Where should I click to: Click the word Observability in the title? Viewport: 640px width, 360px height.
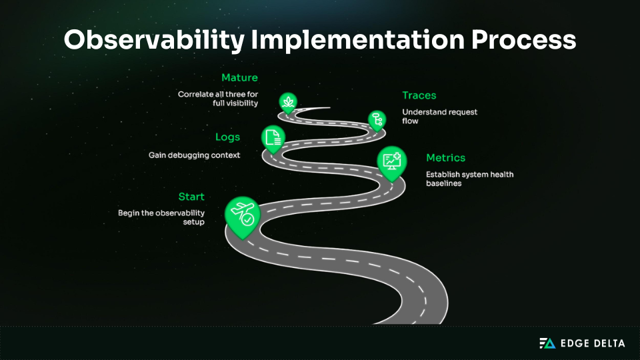tap(154, 41)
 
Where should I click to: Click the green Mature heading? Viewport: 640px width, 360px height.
tap(239, 78)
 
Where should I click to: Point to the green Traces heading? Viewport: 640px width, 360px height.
tap(419, 95)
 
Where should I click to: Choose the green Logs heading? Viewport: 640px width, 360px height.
tap(227, 137)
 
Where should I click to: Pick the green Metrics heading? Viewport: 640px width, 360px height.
tap(446, 158)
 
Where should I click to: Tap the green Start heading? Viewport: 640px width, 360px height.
tap(191, 197)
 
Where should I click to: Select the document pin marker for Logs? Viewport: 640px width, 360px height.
tap(273, 137)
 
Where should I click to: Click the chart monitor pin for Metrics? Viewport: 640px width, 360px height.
tap(391, 161)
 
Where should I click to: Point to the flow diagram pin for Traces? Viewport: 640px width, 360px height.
tap(377, 119)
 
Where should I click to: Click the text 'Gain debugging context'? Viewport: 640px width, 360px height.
tap(194, 155)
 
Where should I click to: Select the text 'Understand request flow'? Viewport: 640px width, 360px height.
tap(440, 117)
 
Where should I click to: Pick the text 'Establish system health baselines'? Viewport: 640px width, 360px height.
tap(469, 179)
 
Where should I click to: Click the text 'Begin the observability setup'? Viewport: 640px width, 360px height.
tap(161, 217)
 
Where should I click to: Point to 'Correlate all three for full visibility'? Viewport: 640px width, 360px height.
tap(218, 99)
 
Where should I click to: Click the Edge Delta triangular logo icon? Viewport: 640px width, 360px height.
tap(547, 343)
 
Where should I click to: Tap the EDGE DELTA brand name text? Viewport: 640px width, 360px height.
tap(593, 343)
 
